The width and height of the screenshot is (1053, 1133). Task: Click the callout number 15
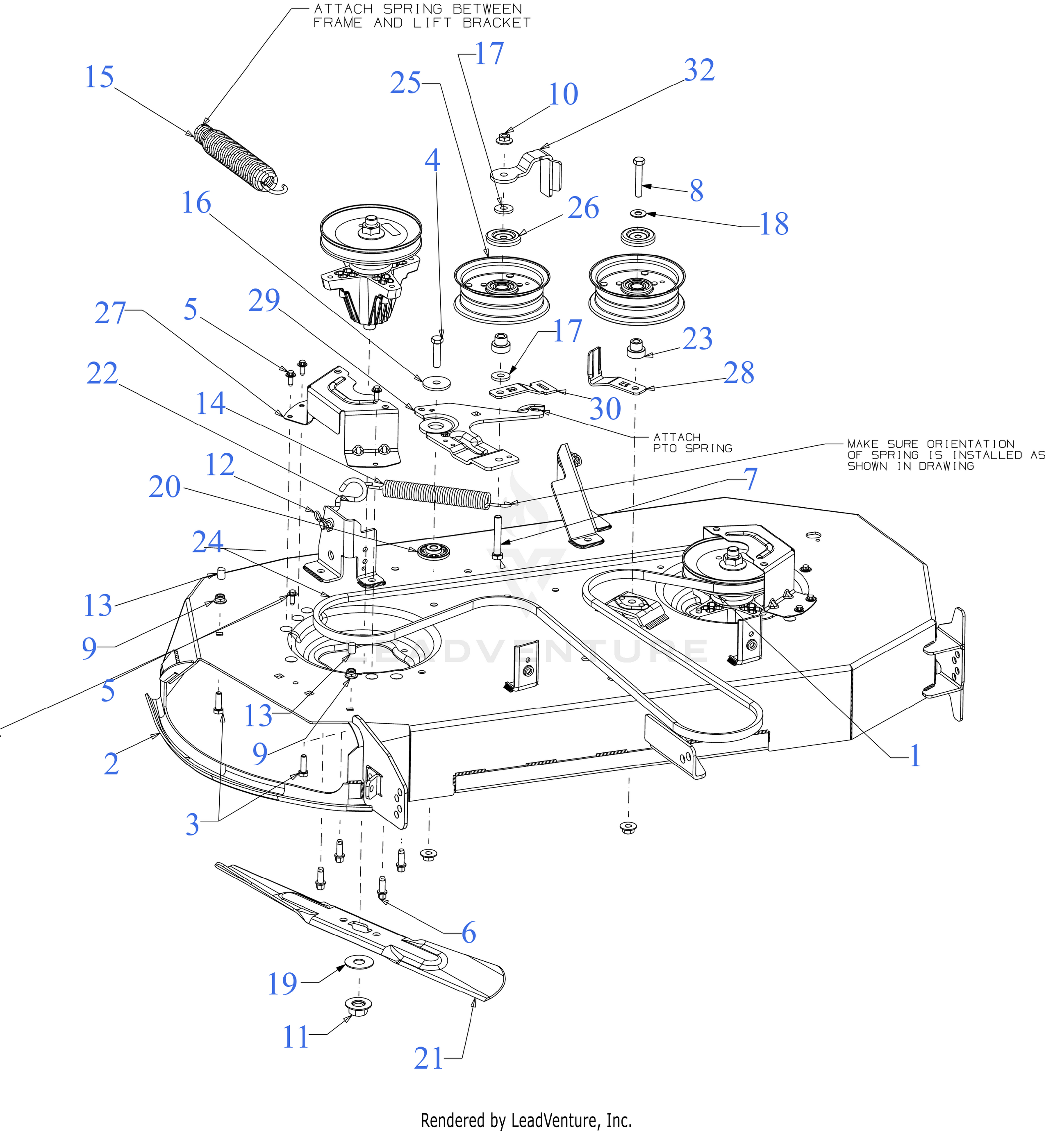pyautogui.click(x=99, y=77)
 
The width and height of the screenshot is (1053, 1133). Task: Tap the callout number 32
pyautogui.click(x=699, y=70)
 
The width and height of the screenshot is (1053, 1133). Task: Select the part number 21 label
pyautogui.click(x=428, y=1058)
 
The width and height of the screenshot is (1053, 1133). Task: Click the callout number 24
pyautogui.click(x=207, y=541)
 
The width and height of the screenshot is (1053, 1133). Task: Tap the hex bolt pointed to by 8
pyautogui.click(x=638, y=177)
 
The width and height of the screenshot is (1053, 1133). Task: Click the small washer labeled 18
pyautogui.click(x=638, y=213)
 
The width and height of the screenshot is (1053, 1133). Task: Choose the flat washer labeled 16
pyautogui.click(x=437, y=382)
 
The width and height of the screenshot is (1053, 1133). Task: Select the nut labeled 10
pyautogui.click(x=503, y=139)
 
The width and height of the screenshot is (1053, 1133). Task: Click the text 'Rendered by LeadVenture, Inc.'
pyautogui.click(x=526, y=1120)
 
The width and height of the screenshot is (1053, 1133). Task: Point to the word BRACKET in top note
pyautogui.click(x=496, y=23)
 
